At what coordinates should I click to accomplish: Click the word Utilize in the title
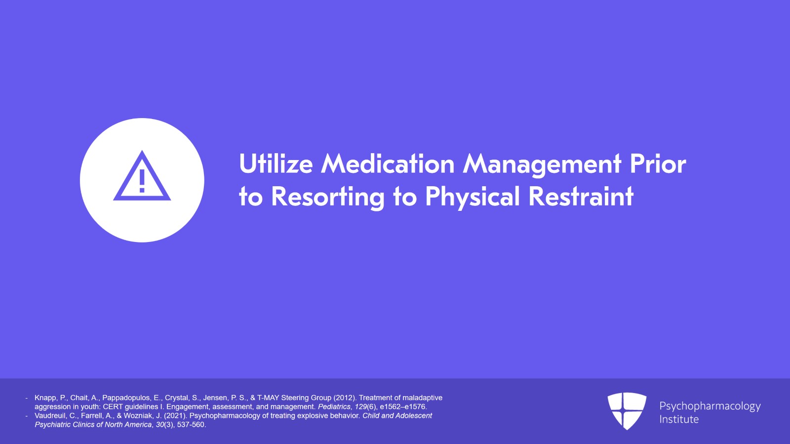276,163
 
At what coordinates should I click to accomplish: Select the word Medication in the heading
388,163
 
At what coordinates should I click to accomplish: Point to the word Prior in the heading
658,163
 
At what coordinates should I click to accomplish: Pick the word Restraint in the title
581,196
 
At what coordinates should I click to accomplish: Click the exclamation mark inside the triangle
142,181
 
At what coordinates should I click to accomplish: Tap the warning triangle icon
142,176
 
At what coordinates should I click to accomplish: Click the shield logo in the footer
627,411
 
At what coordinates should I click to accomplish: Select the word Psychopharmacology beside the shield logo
710,406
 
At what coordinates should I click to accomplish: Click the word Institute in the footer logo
679,419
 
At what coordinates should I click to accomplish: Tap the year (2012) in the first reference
345,398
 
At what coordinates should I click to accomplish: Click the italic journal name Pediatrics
334,406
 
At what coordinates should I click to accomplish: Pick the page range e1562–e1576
402,406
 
